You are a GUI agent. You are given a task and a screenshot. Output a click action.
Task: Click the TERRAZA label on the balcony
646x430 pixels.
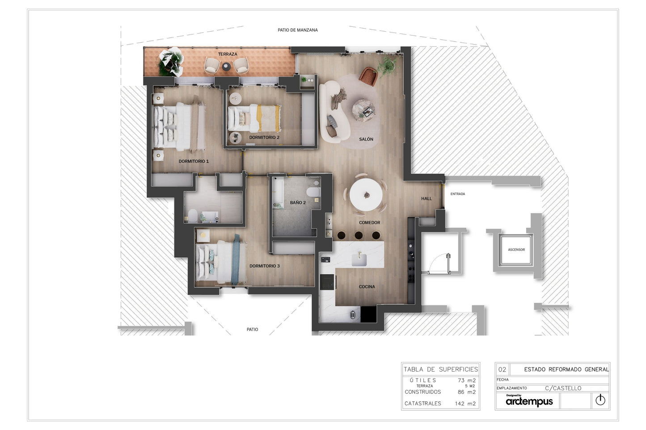click(228, 54)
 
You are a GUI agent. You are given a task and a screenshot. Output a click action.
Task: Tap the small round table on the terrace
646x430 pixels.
click(226, 67)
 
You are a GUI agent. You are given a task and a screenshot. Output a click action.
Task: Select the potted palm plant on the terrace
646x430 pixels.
click(171, 62)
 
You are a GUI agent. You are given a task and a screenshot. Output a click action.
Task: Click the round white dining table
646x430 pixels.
click(366, 195)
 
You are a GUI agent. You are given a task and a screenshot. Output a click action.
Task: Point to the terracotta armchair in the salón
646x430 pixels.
click(368, 76)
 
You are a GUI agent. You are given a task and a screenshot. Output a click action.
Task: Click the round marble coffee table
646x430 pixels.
click(363, 109)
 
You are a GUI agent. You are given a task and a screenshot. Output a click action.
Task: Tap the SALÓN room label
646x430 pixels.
click(366, 139)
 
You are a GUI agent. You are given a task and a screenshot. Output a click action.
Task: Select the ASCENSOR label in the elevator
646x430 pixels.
click(516, 250)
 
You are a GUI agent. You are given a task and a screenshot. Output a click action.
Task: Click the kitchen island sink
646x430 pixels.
click(359, 260)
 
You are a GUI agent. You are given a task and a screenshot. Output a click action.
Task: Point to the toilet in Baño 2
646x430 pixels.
click(313, 192)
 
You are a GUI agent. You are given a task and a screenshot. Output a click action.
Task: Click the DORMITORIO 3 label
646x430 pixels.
click(265, 266)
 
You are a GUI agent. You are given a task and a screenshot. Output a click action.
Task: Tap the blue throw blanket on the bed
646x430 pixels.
click(236, 260)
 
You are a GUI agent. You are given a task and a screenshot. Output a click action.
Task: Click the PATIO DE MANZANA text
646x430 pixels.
click(298, 30)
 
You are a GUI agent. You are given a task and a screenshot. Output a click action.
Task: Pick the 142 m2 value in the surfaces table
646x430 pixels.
click(465, 404)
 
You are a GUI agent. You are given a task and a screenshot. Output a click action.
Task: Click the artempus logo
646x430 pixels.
click(529, 401)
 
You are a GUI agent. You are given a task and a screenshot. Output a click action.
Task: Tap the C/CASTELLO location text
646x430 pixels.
click(563, 388)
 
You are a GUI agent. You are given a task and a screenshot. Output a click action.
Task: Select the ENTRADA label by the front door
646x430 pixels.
click(458, 194)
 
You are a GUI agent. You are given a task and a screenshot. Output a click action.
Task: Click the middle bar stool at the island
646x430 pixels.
click(359, 235)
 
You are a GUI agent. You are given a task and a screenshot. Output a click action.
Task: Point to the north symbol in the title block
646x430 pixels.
click(600, 400)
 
